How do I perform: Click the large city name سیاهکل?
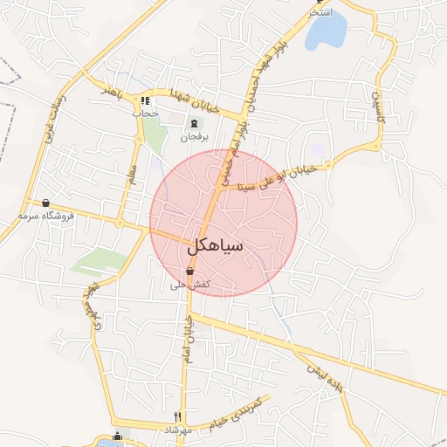click(214, 248)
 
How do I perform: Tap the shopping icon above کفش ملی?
click(189, 272)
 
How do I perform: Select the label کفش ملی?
click(189, 285)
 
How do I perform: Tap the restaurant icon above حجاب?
click(146, 100)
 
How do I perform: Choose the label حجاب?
click(146, 113)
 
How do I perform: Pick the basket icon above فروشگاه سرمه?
click(45, 202)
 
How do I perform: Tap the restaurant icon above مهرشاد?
click(178, 416)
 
